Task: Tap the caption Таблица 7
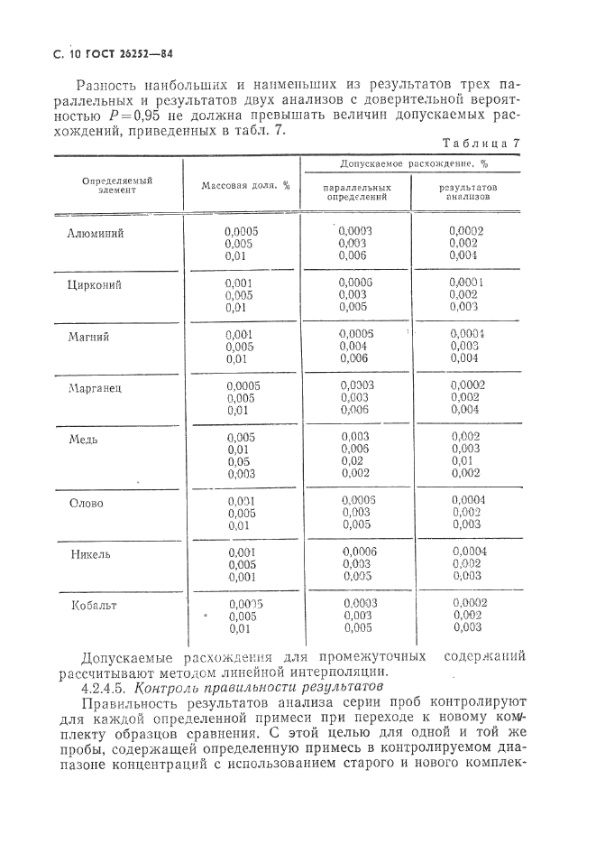pyautogui.click(x=481, y=144)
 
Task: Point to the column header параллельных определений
pyautogui.click(x=357, y=190)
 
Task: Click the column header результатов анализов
pyautogui.click(x=467, y=190)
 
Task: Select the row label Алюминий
pyautogui.click(x=96, y=233)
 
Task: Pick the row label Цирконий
pyautogui.click(x=95, y=284)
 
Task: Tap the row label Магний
pyautogui.click(x=89, y=336)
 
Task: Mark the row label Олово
pyautogui.click(x=87, y=503)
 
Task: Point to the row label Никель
pyautogui.click(x=90, y=553)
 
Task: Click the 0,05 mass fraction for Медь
pyautogui.click(x=240, y=461)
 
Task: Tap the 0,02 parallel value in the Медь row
pyautogui.click(x=353, y=461)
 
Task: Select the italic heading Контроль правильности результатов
pyautogui.click(x=243, y=685)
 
